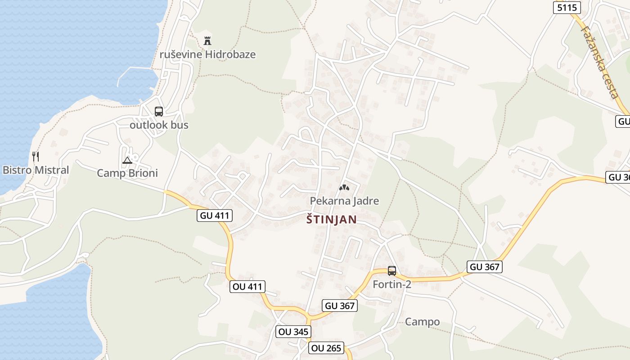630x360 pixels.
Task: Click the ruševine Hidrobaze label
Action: (207, 54)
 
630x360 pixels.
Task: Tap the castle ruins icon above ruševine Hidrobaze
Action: (207, 41)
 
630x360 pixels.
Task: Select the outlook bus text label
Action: (159, 125)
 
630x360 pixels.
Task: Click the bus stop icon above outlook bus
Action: (159, 112)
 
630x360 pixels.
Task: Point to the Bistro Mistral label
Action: (36, 170)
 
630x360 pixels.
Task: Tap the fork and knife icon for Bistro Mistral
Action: (36, 157)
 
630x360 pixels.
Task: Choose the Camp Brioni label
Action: (127, 173)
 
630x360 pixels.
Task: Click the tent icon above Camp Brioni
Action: (127, 160)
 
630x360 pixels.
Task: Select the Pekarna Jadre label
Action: (344, 201)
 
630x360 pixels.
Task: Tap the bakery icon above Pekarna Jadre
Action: (344, 187)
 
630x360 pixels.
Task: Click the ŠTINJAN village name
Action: (331, 220)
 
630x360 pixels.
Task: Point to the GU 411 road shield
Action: (215, 216)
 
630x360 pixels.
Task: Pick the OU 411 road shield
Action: (247, 286)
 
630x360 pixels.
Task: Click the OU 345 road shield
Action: (293, 332)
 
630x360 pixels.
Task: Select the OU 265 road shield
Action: (326, 348)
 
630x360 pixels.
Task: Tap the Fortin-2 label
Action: (392, 284)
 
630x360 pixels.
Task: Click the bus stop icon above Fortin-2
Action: (392, 271)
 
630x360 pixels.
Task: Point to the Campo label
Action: (422, 322)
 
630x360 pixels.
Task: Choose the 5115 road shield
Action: (567, 7)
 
